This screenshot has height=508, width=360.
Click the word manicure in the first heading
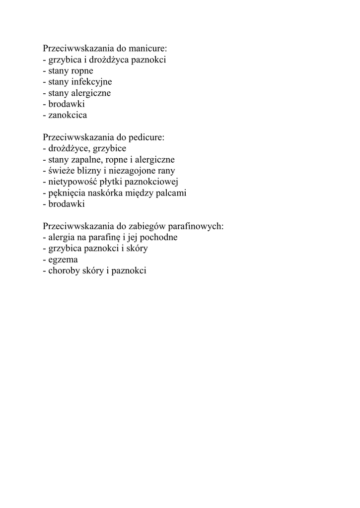(x=148, y=49)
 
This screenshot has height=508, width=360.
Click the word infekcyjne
(x=92, y=82)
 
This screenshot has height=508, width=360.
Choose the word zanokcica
(x=68, y=115)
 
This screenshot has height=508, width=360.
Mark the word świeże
(x=62, y=171)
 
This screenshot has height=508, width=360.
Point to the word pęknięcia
(x=67, y=193)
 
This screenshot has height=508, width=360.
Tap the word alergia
(x=62, y=237)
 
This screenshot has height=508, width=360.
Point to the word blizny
(x=90, y=171)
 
